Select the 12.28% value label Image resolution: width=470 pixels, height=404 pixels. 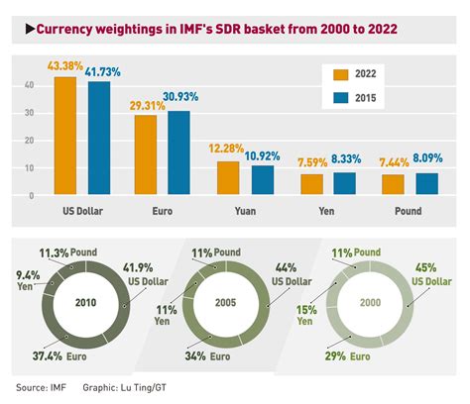(x=227, y=149)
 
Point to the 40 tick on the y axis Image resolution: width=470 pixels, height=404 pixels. (x=29, y=86)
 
